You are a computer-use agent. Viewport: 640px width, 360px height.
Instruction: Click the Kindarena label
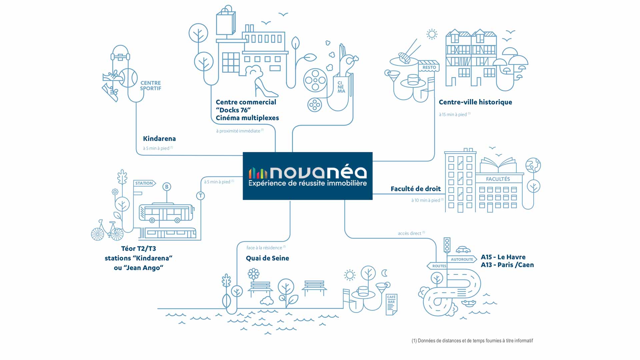click(x=159, y=139)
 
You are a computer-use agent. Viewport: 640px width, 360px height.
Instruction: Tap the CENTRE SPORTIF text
click(x=151, y=86)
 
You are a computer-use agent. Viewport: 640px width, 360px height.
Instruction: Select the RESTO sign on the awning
click(x=429, y=67)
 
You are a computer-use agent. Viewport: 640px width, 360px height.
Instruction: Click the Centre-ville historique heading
click(x=475, y=102)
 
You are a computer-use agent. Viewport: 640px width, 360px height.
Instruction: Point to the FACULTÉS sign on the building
click(x=498, y=179)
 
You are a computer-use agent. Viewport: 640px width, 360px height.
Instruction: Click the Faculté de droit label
click(x=416, y=189)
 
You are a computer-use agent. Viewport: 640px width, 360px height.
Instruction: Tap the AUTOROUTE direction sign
click(x=462, y=259)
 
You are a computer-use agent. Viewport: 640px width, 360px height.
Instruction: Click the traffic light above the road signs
click(x=447, y=245)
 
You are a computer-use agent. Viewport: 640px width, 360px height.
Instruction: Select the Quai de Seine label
click(x=267, y=258)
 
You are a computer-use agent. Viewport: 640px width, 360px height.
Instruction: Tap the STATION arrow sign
click(x=145, y=183)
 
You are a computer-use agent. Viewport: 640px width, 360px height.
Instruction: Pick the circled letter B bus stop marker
click(x=167, y=187)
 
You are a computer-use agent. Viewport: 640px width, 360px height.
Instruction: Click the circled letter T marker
click(x=200, y=196)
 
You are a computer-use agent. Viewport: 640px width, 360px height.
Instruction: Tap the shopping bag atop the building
click(x=226, y=21)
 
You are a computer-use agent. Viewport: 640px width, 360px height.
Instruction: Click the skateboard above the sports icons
click(x=120, y=57)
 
